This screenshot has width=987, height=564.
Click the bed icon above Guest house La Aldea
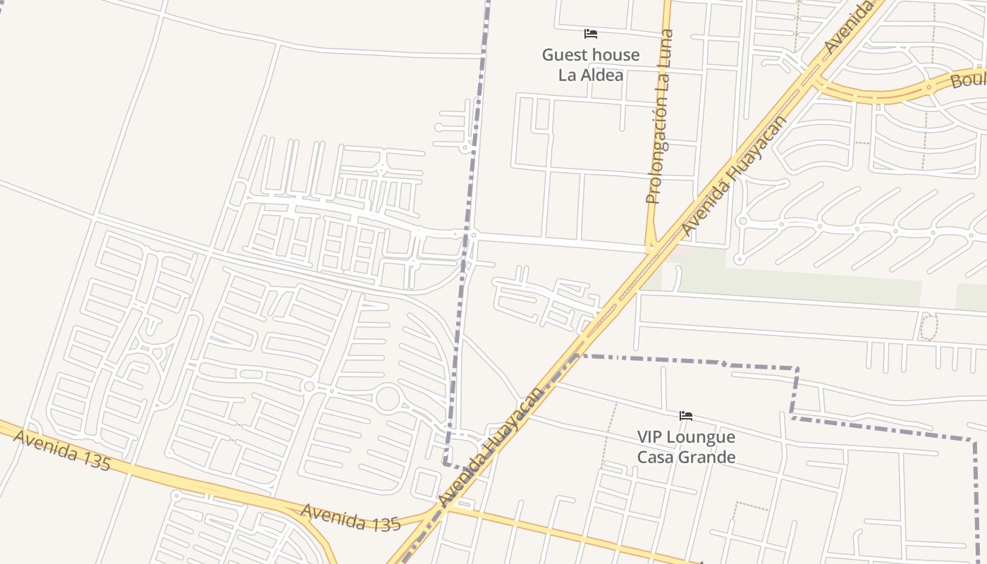[591, 34]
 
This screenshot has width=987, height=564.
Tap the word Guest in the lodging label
[568, 55]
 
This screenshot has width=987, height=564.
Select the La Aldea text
[591, 75]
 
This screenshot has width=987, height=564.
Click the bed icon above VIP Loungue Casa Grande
[686, 416]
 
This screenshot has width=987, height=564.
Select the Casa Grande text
[686, 457]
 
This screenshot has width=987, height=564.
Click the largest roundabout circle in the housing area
[388, 399]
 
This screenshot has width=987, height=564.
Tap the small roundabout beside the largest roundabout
[309, 386]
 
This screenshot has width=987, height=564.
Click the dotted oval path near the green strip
[929, 327]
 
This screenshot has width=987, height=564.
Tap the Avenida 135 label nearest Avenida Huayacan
[350, 518]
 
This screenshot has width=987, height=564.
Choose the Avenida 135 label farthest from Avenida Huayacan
[62, 450]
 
